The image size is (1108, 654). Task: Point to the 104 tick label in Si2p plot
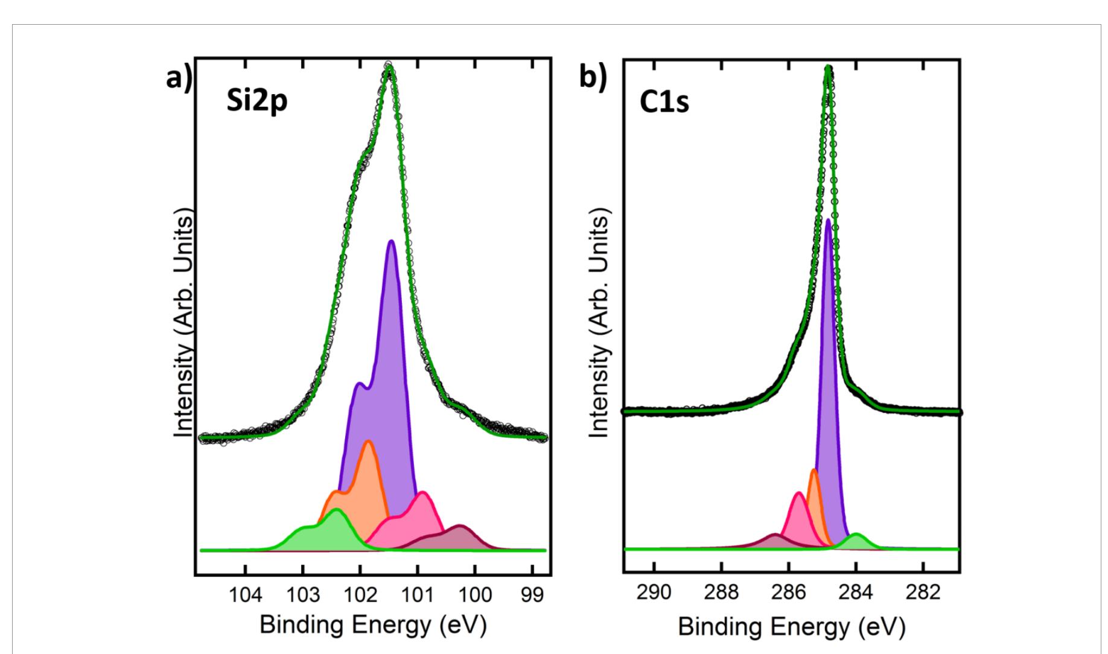(245, 595)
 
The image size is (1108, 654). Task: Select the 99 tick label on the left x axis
(532, 595)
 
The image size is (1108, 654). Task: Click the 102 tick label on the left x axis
(360, 595)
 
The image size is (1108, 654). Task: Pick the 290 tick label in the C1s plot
(654, 592)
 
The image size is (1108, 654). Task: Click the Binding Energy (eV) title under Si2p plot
(373, 626)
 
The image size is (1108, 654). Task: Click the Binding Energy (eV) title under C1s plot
(791, 627)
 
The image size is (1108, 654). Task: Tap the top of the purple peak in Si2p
(391, 241)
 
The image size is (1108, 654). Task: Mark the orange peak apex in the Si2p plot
(368, 442)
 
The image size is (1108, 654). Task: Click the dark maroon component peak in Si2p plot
(460, 527)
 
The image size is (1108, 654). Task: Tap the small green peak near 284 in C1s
(855, 535)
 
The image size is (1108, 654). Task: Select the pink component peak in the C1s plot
(799, 494)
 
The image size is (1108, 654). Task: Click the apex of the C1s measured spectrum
(829, 68)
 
